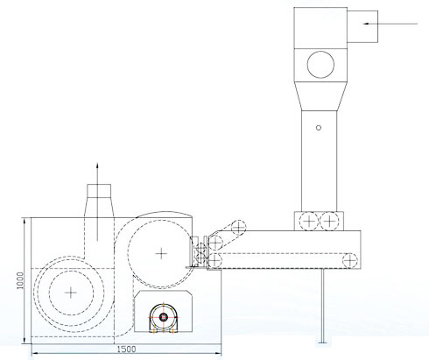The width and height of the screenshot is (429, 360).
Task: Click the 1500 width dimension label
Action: [126, 349]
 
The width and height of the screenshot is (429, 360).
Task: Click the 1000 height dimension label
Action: [20, 280]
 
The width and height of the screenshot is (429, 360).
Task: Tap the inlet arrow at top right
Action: [390, 24]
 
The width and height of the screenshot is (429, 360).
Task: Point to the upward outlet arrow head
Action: [97, 166]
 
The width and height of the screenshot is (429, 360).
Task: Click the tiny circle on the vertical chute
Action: [319, 128]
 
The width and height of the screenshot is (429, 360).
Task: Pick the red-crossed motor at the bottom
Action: [163, 318]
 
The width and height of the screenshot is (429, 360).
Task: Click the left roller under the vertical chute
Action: [309, 222]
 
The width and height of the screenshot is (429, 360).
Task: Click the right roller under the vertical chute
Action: [329, 222]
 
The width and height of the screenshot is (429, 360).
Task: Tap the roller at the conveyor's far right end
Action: [350, 260]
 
